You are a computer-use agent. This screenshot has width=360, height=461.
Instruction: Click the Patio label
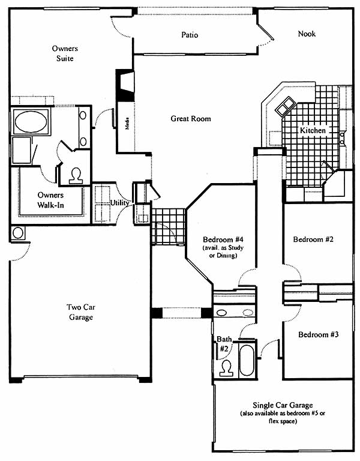[x=190, y=35]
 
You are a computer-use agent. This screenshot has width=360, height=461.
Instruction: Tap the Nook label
[x=307, y=34]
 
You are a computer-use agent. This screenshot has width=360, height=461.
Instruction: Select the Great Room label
[x=191, y=118]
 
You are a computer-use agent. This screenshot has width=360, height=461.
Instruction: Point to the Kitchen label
[x=313, y=130]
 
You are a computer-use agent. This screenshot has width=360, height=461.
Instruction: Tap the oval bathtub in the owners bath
[x=31, y=122]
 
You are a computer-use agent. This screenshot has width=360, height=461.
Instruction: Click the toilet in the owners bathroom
[x=76, y=176]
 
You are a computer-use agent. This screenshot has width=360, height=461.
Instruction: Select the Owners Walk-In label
[x=50, y=200]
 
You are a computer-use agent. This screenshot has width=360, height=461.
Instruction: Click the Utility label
[x=119, y=202]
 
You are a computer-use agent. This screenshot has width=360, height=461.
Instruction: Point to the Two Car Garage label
[x=81, y=312]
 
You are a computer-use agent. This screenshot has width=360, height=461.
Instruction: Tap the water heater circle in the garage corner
[x=18, y=233]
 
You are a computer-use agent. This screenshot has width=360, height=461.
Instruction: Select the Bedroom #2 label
[x=313, y=240]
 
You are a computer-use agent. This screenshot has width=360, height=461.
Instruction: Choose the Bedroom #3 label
[x=318, y=334]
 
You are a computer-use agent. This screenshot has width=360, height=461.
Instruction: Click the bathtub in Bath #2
[x=246, y=360]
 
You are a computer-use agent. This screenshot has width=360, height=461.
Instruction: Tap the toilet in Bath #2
[x=227, y=369]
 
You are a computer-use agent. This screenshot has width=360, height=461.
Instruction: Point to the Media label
[x=127, y=124]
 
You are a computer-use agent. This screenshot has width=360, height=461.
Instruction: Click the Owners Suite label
[x=65, y=53]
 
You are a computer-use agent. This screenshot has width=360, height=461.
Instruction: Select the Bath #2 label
[x=224, y=344]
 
